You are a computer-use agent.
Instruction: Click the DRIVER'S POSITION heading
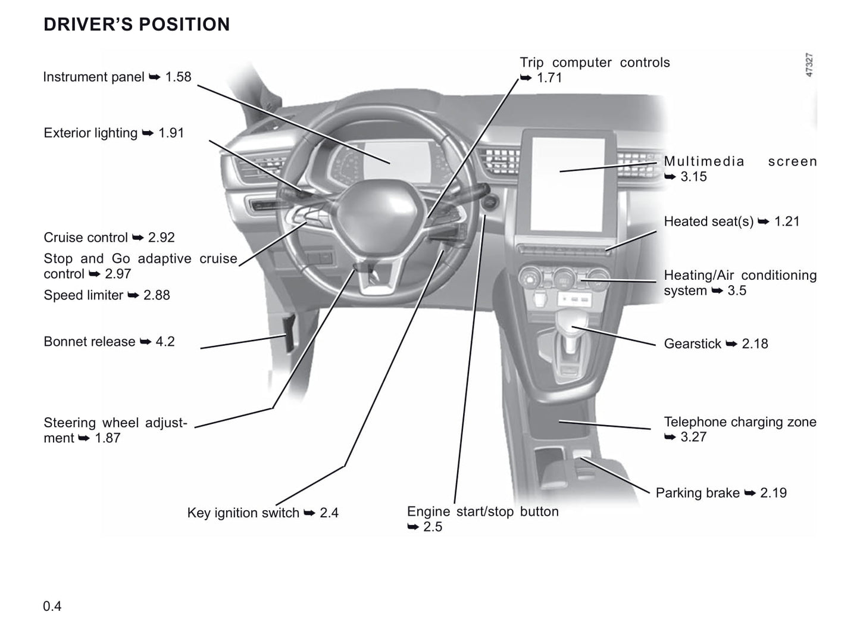pos(136,24)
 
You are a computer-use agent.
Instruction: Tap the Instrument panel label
pos(117,77)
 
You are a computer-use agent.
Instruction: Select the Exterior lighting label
pos(114,133)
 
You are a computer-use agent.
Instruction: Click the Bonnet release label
pos(109,342)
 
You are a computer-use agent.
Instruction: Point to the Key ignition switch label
pos(262,513)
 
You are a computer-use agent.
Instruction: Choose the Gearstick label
pos(715,344)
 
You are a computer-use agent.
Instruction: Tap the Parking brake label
pos(721,493)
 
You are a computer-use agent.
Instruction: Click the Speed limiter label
pos(107,295)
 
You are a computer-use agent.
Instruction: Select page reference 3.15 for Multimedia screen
pos(693,176)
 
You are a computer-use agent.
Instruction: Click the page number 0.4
pos(52,606)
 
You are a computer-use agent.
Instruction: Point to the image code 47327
pos(809,65)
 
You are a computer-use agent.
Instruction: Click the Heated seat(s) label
pos(731,221)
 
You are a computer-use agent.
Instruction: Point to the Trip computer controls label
pos(594,63)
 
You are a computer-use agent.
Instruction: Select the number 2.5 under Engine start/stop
pos(433,526)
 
